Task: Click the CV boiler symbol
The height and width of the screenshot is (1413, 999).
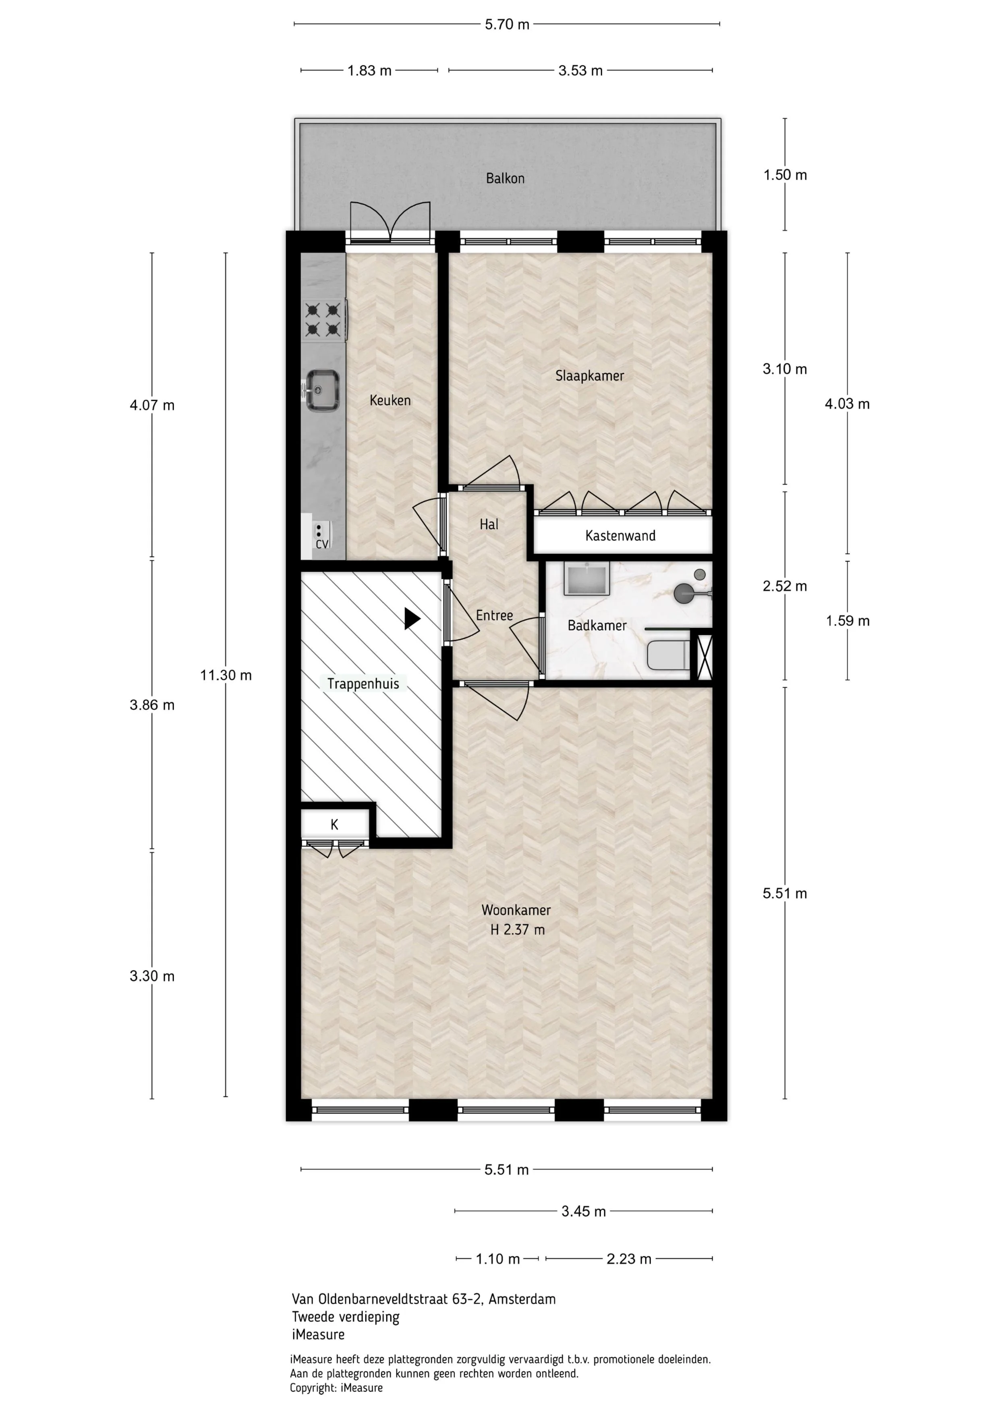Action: pyautogui.click(x=322, y=535)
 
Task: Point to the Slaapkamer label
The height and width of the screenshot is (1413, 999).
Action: pyautogui.click(x=590, y=376)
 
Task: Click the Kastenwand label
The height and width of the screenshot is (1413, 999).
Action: pyautogui.click(x=620, y=535)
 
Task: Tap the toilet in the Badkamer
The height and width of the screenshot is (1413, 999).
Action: pyautogui.click(x=668, y=655)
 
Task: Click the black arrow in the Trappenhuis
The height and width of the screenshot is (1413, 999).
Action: pyautogui.click(x=412, y=619)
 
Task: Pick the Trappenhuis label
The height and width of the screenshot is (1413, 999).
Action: pyautogui.click(x=363, y=684)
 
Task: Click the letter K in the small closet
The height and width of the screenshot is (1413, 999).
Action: pyautogui.click(x=334, y=825)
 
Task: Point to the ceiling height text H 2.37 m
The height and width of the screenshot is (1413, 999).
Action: pyautogui.click(x=517, y=930)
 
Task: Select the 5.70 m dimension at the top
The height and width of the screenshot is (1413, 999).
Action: pyautogui.click(x=507, y=25)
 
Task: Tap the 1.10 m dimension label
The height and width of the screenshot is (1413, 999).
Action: pyautogui.click(x=498, y=1259)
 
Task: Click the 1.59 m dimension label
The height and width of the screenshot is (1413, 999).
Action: pyautogui.click(x=848, y=621)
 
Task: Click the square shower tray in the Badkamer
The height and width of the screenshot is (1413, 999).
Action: pyautogui.click(x=587, y=578)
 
